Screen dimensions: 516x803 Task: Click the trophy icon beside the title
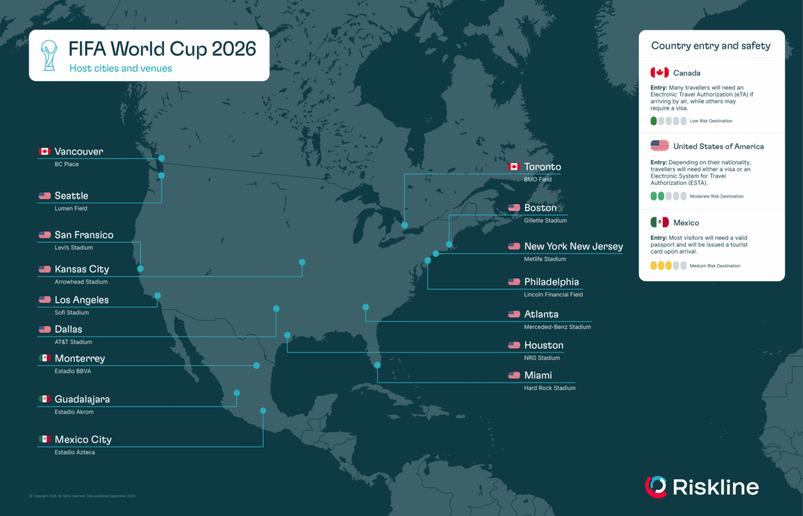coord(49,55)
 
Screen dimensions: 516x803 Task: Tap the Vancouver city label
coord(79,152)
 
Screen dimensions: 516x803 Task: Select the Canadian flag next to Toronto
coord(514,167)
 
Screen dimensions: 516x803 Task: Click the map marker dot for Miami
coord(377,365)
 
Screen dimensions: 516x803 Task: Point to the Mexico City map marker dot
coord(263,411)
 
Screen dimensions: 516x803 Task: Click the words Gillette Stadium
coord(545,221)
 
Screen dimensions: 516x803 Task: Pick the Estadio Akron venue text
coord(74,412)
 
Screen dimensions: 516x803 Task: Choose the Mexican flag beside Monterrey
coord(45,358)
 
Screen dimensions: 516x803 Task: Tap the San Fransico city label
coord(84,235)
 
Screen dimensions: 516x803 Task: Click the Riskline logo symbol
coord(656,487)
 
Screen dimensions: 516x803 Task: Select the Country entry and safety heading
coord(710,46)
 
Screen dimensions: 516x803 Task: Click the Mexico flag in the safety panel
coord(660,222)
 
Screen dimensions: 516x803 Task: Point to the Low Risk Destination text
coord(711,121)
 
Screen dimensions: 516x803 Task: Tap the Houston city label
coord(543,346)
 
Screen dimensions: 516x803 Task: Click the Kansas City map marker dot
coord(302,263)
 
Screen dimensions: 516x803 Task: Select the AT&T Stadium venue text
coord(73,342)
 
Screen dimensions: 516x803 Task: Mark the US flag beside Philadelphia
coord(514,282)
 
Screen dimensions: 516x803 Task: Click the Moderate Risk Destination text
coord(716,197)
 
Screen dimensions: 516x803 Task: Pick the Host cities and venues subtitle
coord(120,69)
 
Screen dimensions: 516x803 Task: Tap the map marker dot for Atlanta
coord(366,308)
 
